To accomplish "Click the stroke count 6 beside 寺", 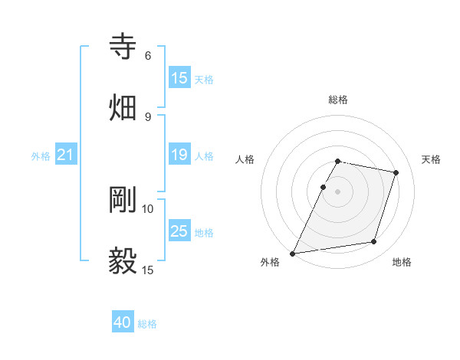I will [148, 56].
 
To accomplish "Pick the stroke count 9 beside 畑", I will [148, 116].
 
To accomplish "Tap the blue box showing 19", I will [179, 155].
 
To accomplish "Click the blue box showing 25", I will [179, 231].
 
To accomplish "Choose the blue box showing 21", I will [66, 155].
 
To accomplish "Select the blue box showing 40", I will [123, 322].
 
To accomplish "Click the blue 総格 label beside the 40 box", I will [147, 324].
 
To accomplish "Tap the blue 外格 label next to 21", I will [41, 156].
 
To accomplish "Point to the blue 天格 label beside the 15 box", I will [204, 80].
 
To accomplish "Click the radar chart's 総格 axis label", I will [338, 100].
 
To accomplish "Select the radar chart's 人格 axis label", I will [245, 159].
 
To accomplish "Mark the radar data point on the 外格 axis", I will [293, 254].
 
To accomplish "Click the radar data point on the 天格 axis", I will [396, 173].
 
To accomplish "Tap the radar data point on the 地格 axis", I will [374, 242].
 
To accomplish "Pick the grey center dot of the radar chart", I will [338, 191].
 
